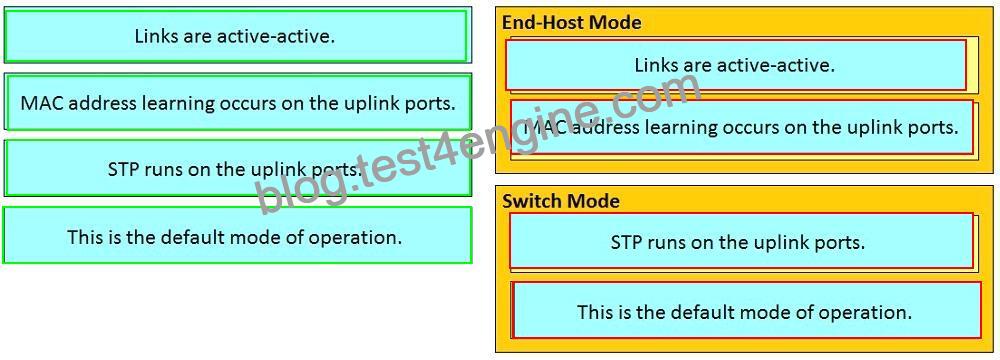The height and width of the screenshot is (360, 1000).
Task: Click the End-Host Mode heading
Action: click(571, 22)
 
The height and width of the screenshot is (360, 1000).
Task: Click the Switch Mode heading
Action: click(561, 201)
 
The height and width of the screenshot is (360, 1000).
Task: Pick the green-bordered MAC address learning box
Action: click(237, 102)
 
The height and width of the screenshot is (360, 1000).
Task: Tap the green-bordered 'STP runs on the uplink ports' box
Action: click(237, 168)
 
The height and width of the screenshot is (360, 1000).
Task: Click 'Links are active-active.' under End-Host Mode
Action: click(735, 64)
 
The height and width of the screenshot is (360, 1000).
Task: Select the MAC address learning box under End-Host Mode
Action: click(742, 128)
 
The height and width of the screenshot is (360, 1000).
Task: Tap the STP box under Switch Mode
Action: click(741, 241)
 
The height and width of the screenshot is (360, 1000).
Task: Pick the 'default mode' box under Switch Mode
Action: click(746, 310)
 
